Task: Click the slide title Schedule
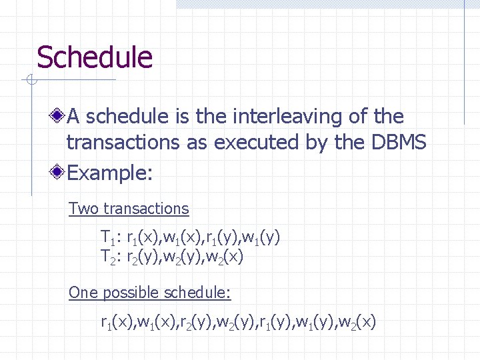94,58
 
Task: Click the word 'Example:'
111,174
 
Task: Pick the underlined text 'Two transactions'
129,209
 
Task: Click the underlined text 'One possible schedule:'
150,293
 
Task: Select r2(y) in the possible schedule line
195,323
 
